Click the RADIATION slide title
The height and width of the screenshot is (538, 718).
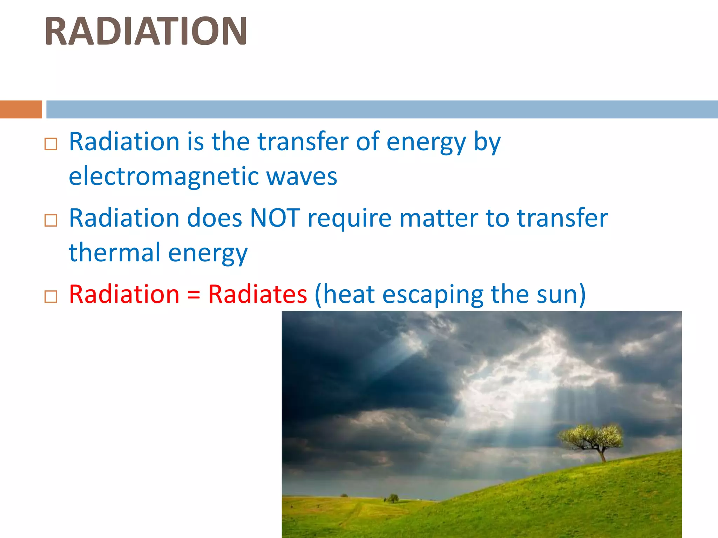pyautogui.click(x=146, y=32)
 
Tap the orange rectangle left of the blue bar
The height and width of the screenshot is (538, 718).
pyautogui.click(x=21, y=109)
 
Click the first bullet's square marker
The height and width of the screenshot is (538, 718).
pyautogui.click(x=51, y=144)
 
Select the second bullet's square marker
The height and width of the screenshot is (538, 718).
pyautogui.click(x=51, y=220)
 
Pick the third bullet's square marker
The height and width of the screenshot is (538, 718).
pyautogui.click(x=51, y=297)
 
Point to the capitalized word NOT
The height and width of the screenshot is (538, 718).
pyautogui.click(x=275, y=218)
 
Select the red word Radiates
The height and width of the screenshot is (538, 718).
pyautogui.click(x=258, y=294)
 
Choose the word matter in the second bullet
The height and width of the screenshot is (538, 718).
pyautogui.click(x=438, y=218)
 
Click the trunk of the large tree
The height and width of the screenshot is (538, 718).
pyautogui.click(x=603, y=455)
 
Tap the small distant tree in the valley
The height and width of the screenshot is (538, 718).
pyautogui.click(x=393, y=498)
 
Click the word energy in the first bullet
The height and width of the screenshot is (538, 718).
pyautogui.click(x=426, y=143)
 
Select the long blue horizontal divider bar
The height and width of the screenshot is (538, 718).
pyautogui.click(x=382, y=109)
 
